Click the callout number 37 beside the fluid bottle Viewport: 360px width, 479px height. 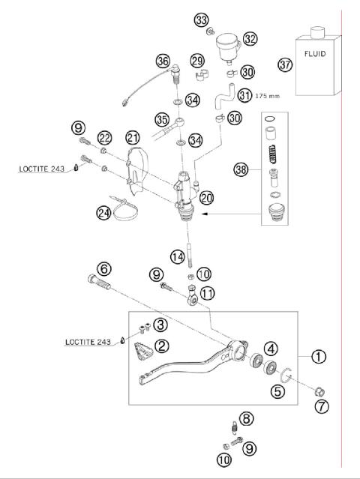[284, 65]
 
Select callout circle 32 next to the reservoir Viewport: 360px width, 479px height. [250, 39]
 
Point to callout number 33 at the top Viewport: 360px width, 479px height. [200, 19]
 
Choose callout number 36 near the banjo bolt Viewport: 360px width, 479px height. [163, 61]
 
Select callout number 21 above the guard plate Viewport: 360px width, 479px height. [133, 138]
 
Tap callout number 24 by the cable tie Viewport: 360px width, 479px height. [104, 214]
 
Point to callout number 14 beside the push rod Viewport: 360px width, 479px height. [176, 256]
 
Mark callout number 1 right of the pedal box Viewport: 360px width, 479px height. [319, 356]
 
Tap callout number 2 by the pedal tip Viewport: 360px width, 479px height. [161, 346]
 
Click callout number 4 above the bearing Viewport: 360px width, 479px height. [269, 347]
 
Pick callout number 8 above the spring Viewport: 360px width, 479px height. [244, 418]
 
